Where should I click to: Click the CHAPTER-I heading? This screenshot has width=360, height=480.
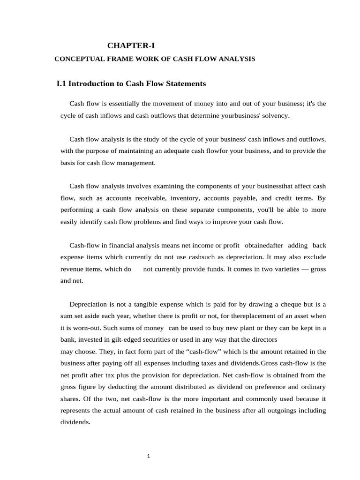[131, 45]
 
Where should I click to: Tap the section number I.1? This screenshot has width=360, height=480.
[61, 84]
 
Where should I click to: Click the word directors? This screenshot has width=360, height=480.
[264, 339]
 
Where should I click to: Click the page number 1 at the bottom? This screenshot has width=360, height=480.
[149, 457]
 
